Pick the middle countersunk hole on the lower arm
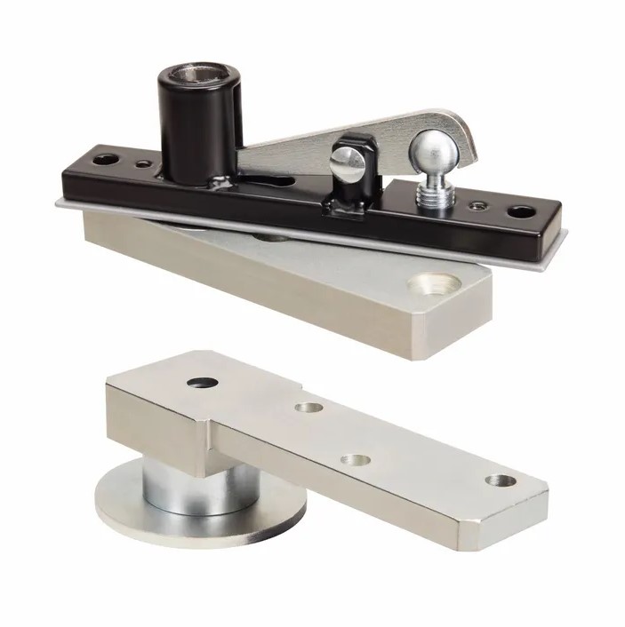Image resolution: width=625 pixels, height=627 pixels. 355,461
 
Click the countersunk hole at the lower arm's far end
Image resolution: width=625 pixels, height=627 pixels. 501,480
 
